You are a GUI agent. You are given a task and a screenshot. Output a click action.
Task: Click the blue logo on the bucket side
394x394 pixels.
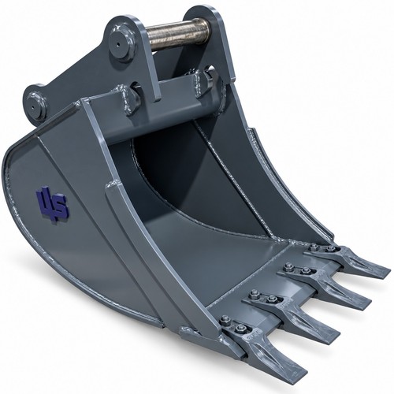tap(53, 204)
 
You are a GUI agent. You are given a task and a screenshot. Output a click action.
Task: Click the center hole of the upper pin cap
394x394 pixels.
tap(117, 44)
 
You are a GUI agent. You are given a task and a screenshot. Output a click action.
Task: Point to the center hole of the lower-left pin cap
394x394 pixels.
tap(33, 107)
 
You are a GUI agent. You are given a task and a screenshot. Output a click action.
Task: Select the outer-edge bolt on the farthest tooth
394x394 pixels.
tap(313, 247)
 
